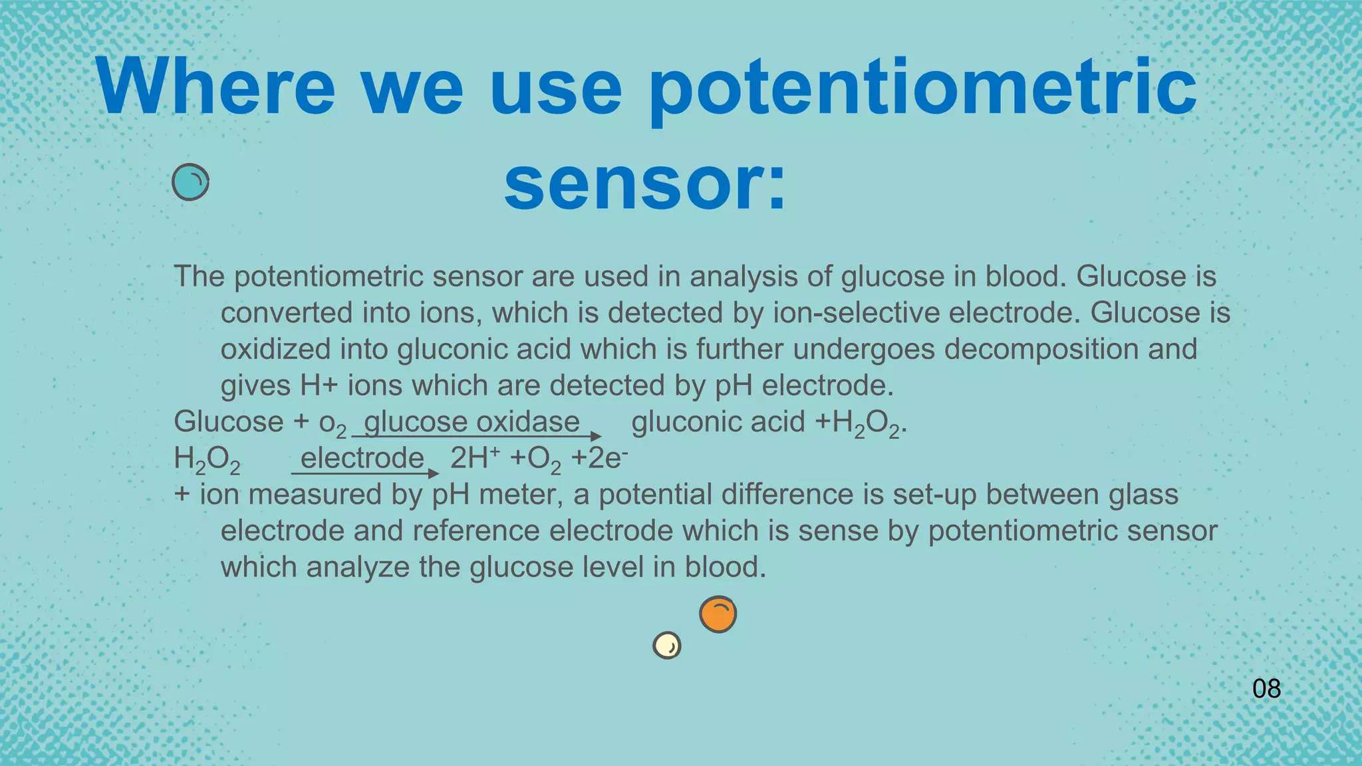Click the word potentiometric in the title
coord(922,90)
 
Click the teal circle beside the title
coord(190,182)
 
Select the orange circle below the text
coord(718,614)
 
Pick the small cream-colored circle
coord(667,645)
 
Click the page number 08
coord(1266,689)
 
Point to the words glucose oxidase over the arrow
coord(472,422)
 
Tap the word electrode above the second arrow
coord(362,458)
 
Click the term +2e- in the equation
coord(599,458)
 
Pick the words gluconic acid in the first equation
coord(718,422)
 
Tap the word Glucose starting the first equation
coord(229,422)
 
